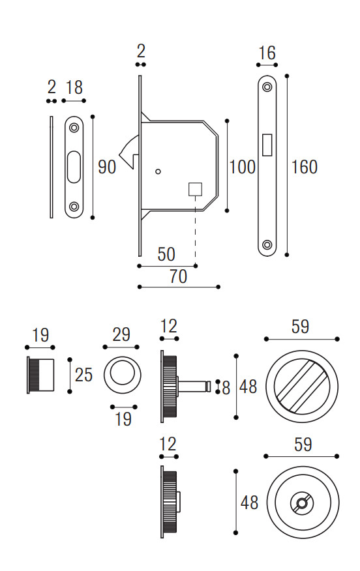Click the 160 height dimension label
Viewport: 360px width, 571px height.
tap(305, 167)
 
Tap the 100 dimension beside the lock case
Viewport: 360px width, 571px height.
tap(243, 167)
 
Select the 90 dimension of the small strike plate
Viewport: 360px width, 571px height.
tap(107, 167)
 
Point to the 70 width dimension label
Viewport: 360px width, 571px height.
tap(178, 276)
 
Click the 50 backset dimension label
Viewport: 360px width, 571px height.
tap(166, 254)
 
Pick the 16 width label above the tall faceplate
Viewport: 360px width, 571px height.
tap(267, 53)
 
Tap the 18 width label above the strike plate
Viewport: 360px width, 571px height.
tap(74, 88)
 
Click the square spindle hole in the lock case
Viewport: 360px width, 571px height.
tap(195, 190)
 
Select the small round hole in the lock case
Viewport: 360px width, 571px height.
tap(158, 171)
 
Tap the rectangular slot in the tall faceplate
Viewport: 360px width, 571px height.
tap(267, 145)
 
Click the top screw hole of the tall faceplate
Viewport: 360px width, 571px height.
tap(267, 87)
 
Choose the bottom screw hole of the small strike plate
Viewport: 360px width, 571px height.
tap(74, 207)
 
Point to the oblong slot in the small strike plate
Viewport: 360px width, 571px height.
tap(74, 167)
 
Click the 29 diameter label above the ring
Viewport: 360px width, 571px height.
tap(121, 334)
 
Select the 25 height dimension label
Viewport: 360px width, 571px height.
tap(84, 375)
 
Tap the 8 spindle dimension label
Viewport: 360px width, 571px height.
tap(226, 388)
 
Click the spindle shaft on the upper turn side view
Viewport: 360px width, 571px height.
tap(194, 387)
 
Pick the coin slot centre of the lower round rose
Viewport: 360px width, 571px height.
tap(302, 503)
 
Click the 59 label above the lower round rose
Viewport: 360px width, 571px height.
tap(303, 445)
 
